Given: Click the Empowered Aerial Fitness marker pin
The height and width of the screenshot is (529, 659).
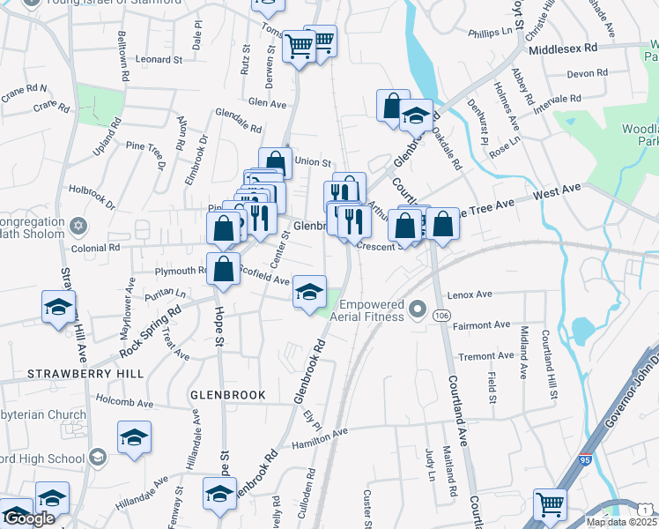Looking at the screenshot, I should tap(418, 309).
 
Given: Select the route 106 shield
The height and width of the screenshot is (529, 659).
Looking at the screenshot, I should tap(442, 316).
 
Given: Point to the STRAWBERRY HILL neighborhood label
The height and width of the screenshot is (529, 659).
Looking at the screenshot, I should tap(73, 374).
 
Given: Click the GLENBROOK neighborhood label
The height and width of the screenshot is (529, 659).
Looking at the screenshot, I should tap(227, 395).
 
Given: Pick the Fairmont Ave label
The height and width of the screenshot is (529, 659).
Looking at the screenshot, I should tap(479, 324).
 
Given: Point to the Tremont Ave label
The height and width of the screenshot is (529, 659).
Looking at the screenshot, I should tap(485, 356).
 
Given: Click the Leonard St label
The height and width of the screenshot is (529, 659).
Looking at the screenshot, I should tap(159, 60).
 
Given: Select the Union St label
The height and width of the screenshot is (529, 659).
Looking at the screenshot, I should tap(313, 162).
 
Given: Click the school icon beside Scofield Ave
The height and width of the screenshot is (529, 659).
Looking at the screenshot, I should tap(309, 292).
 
